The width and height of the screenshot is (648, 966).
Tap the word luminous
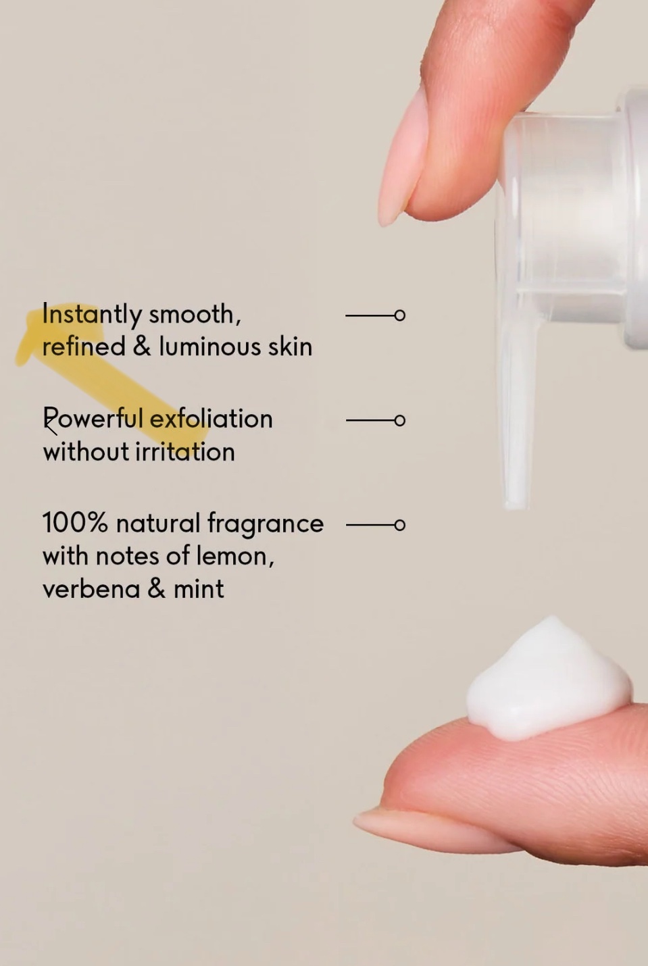pyautogui.click(x=210, y=347)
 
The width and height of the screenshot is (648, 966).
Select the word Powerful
pyautogui.click(x=93, y=419)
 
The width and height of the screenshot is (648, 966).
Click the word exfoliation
pyautogui.click(x=211, y=419)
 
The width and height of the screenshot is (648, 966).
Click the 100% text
pyautogui.click(x=75, y=523)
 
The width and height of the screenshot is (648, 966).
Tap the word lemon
pyautogui.click(x=235, y=557)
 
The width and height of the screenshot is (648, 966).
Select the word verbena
pyautogui.click(x=91, y=588)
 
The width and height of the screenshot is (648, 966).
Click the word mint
pyautogui.click(x=199, y=588)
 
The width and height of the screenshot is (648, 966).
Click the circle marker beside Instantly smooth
pyautogui.click(x=399, y=315)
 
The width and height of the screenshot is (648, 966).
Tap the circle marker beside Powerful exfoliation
pyautogui.click(x=400, y=420)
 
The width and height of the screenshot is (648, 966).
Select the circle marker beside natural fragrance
pyautogui.click(x=400, y=526)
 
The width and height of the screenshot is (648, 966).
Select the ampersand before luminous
pyautogui.click(x=142, y=347)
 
